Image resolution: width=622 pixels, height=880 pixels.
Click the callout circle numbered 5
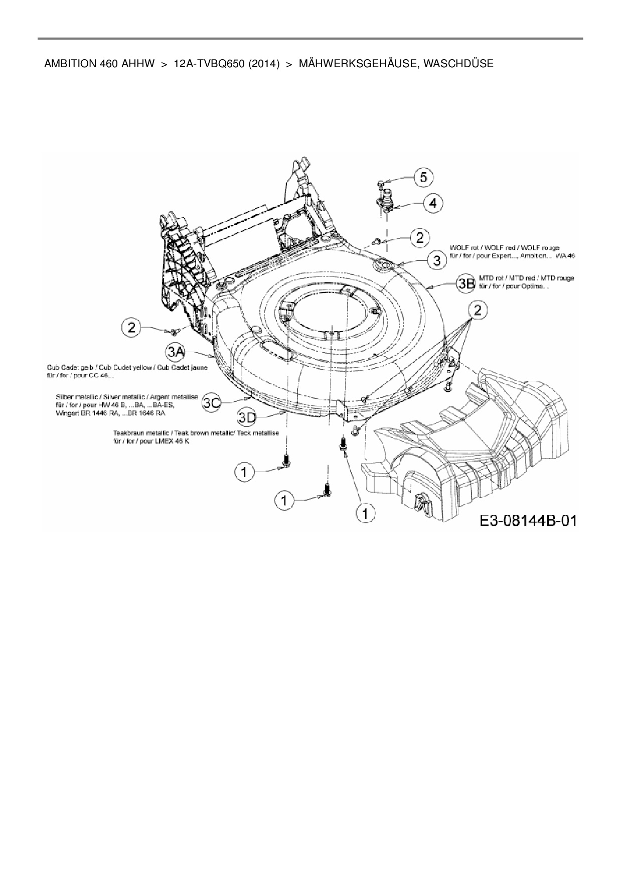click(424, 177)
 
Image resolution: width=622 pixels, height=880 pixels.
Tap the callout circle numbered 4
click(433, 203)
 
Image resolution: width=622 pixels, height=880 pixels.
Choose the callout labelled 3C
click(212, 402)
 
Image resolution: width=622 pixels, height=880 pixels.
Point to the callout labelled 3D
click(247, 417)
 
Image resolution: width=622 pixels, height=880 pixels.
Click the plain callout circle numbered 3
click(437, 260)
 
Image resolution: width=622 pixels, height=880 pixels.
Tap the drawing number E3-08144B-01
click(528, 520)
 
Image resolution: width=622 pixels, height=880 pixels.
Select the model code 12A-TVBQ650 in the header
click(209, 64)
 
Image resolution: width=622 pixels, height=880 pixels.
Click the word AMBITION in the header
click(68, 64)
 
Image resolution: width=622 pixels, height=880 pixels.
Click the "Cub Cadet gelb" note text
click(126, 367)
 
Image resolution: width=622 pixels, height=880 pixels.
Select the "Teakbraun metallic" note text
click(196, 432)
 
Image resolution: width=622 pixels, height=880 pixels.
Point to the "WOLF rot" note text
click(504, 248)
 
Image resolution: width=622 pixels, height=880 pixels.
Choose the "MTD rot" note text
click(527, 278)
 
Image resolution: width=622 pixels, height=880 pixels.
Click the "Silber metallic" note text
click(126, 397)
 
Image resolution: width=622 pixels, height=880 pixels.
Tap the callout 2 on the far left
click(131, 328)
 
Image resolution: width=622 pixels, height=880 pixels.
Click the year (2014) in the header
click(263, 64)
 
